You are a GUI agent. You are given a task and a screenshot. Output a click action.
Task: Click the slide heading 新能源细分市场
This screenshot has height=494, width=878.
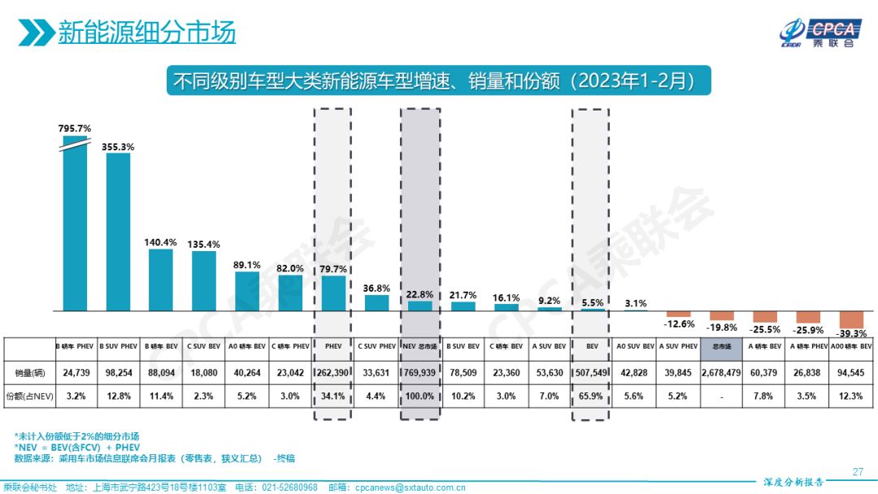click(x=146, y=32)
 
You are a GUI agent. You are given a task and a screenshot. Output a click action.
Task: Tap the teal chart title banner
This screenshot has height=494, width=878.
click(x=438, y=81)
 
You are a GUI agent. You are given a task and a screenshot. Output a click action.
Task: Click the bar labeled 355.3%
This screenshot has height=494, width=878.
click(x=119, y=232)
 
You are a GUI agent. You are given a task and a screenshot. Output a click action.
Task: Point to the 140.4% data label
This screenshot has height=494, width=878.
click(x=160, y=242)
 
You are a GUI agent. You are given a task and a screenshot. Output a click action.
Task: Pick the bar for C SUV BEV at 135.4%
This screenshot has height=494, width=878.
click(x=204, y=280)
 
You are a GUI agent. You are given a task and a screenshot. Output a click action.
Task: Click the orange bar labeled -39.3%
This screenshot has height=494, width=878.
click(x=851, y=319)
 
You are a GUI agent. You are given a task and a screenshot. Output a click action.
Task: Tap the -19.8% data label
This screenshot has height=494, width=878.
click(x=722, y=327)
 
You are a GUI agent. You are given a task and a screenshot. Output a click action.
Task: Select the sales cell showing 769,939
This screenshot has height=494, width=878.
click(x=419, y=373)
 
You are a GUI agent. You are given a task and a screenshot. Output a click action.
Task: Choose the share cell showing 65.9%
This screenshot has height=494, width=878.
click(x=591, y=396)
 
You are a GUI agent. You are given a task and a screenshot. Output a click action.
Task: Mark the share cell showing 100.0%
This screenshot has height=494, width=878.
click(x=419, y=396)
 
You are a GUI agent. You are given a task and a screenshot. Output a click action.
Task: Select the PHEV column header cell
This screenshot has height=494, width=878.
click(x=333, y=347)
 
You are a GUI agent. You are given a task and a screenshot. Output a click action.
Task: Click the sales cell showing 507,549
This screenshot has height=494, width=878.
click(x=591, y=373)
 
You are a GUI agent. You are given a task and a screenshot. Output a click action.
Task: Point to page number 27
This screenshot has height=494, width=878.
click(x=858, y=472)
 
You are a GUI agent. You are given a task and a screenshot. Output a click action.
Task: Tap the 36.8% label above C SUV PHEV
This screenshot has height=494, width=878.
click(x=376, y=288)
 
